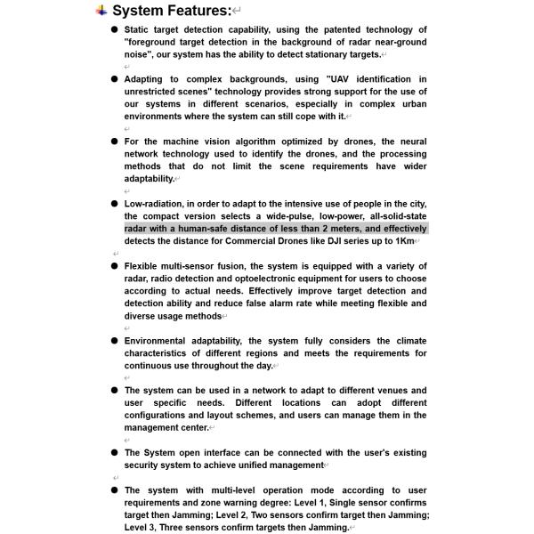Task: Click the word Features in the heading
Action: pos(188,11)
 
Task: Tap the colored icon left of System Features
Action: pos(101,11)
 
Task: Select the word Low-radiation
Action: pos(154,204)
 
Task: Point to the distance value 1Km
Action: pos(405,241)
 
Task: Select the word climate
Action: pos(408,341)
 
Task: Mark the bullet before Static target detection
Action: pos(115,29)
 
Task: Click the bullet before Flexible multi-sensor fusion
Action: pos(115,266)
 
